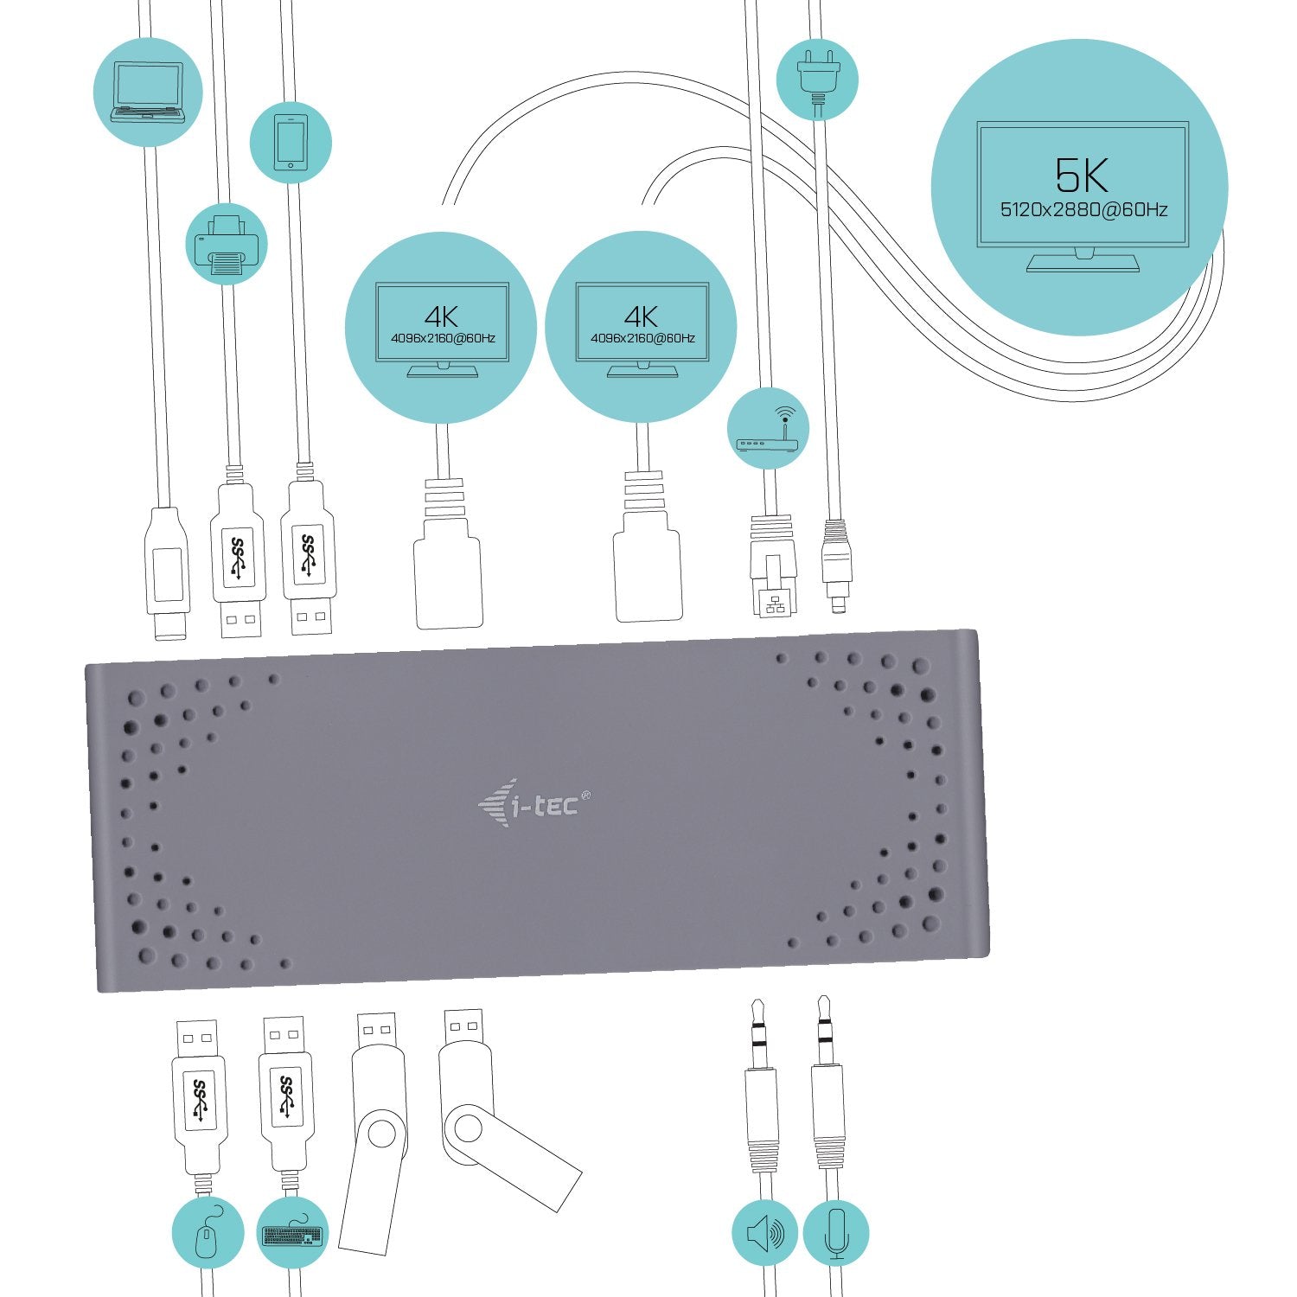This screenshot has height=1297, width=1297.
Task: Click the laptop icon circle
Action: coord(148,93)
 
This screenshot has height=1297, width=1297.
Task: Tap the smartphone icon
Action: coord(291,143)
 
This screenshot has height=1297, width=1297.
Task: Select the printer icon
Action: coord(226,246)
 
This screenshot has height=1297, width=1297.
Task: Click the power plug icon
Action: coord(816,80)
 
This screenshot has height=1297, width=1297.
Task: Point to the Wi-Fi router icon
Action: coord(768,430)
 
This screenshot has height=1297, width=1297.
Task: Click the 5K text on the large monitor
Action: coord(1081,175)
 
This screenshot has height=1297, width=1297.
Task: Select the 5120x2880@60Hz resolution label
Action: coord(1083,209)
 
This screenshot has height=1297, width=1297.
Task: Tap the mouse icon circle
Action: coord(208,1232)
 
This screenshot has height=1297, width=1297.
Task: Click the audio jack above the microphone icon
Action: coord(827,1089)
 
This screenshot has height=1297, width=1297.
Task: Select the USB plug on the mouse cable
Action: coord(199,1098)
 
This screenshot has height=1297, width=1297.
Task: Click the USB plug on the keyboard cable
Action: coord(285,1098)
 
